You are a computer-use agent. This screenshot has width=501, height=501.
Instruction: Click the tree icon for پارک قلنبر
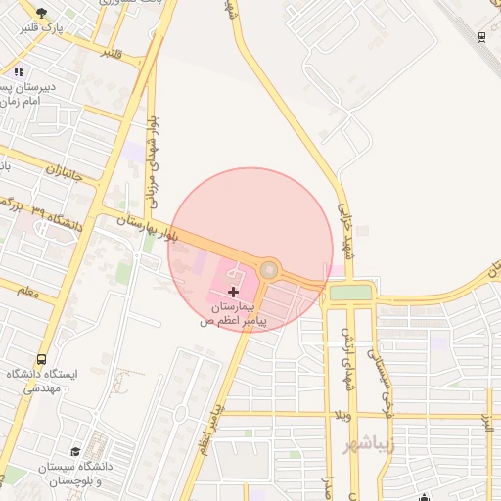coord(40,14)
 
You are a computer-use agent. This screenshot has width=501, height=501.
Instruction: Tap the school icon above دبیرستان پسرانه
coord(20,70)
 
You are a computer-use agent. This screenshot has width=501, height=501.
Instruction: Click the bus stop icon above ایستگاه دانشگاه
coord(40,360)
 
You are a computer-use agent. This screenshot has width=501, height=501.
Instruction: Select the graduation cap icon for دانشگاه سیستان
coord(74,452)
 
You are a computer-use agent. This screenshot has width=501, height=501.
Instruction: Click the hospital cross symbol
coord(233,292)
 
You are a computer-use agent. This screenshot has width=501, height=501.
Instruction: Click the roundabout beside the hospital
coord(269,269)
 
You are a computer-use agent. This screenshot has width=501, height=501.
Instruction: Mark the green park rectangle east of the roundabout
coord(350,292)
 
